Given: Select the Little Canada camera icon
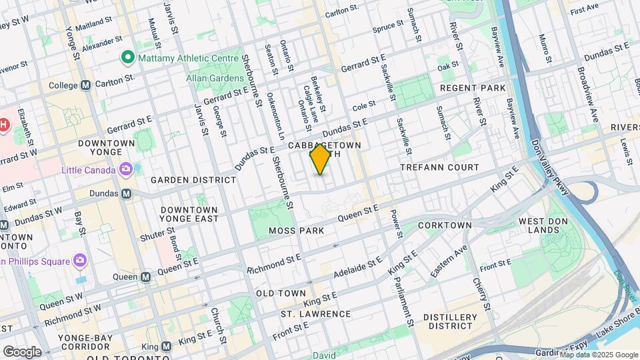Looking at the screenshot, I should coord(125,169).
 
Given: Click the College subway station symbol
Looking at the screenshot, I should coord(85,85).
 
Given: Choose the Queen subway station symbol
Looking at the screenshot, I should coord(145,277).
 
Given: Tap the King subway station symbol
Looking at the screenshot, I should coord(166,346).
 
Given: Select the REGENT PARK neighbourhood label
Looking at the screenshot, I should coord(473,88).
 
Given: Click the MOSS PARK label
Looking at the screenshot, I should coord(296,231).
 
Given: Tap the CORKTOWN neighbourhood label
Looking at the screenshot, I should coord(445,226).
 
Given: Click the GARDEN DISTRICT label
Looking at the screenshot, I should coord(193,180).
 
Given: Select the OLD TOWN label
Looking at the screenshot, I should coord(281,293).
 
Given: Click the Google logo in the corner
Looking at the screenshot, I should coord(23,351).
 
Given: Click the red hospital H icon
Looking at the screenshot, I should coord(3,125).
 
